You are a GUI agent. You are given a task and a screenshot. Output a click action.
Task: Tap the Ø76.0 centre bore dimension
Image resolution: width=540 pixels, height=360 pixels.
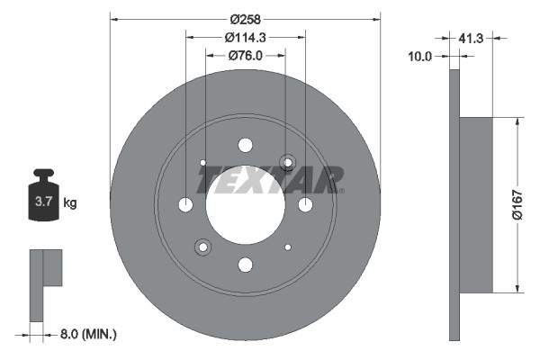tap(246, 57)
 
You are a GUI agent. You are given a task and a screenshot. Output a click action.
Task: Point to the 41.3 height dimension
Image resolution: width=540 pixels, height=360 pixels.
tap(471, 39)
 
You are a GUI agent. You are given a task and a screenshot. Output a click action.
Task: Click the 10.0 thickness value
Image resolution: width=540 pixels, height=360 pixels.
tap(419, 56)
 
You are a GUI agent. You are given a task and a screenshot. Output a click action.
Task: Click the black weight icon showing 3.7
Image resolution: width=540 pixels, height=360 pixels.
tap(43, 200)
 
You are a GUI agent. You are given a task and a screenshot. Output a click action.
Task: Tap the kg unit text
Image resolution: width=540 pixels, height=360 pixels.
tap(70, 203)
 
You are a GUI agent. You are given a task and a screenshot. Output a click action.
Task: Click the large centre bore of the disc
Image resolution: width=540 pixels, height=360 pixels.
tap(245, 205)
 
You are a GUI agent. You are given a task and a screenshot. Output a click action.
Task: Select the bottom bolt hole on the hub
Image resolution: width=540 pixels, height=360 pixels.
tap(245, 265)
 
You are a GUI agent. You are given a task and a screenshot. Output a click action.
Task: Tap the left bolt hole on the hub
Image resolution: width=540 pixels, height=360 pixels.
tap(185, 205)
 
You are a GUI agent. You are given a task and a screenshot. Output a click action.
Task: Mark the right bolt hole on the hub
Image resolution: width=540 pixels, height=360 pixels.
tap(304, 205)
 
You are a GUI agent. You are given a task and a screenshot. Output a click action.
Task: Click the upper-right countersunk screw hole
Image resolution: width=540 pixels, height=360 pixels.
tap(287, 162)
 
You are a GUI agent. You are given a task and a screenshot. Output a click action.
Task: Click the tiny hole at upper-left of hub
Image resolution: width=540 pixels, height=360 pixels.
tap(203, 163)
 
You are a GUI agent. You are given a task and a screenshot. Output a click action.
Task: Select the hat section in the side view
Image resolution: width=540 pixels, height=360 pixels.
tap(477, 204)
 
